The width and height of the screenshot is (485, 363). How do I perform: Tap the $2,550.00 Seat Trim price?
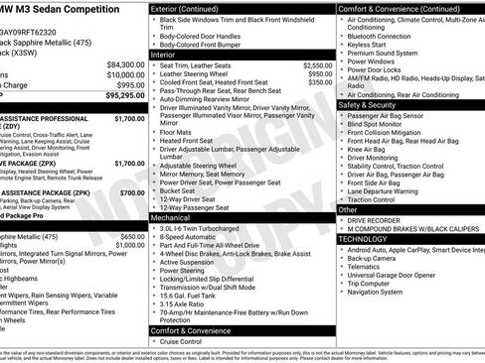click(x=312, y=64)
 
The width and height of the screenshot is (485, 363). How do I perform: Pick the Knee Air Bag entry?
click(x=369, y=148)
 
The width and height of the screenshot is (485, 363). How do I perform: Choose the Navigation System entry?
click(x=382, y=292)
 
